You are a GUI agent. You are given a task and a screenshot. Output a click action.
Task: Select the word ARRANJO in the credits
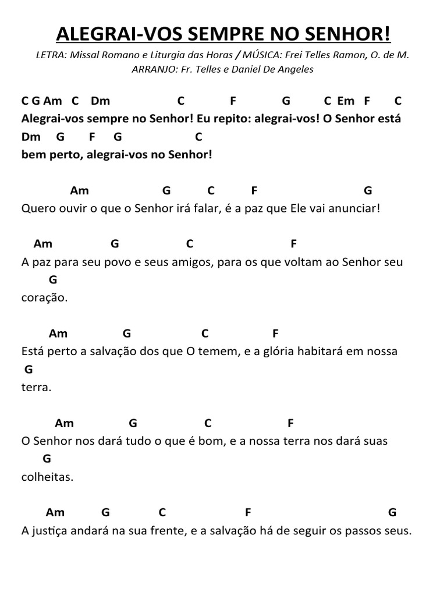152,69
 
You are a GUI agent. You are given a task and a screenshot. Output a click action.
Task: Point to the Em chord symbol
346,101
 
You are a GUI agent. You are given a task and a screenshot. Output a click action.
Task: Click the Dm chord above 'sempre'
100,101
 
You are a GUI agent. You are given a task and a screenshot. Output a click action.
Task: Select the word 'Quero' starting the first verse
35,208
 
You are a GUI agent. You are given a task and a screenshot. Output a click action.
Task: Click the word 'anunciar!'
356,208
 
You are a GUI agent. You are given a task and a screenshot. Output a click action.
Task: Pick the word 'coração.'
45,297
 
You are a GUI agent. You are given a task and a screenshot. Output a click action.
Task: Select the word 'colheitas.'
47,477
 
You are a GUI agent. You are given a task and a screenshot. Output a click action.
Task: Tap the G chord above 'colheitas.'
47,459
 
